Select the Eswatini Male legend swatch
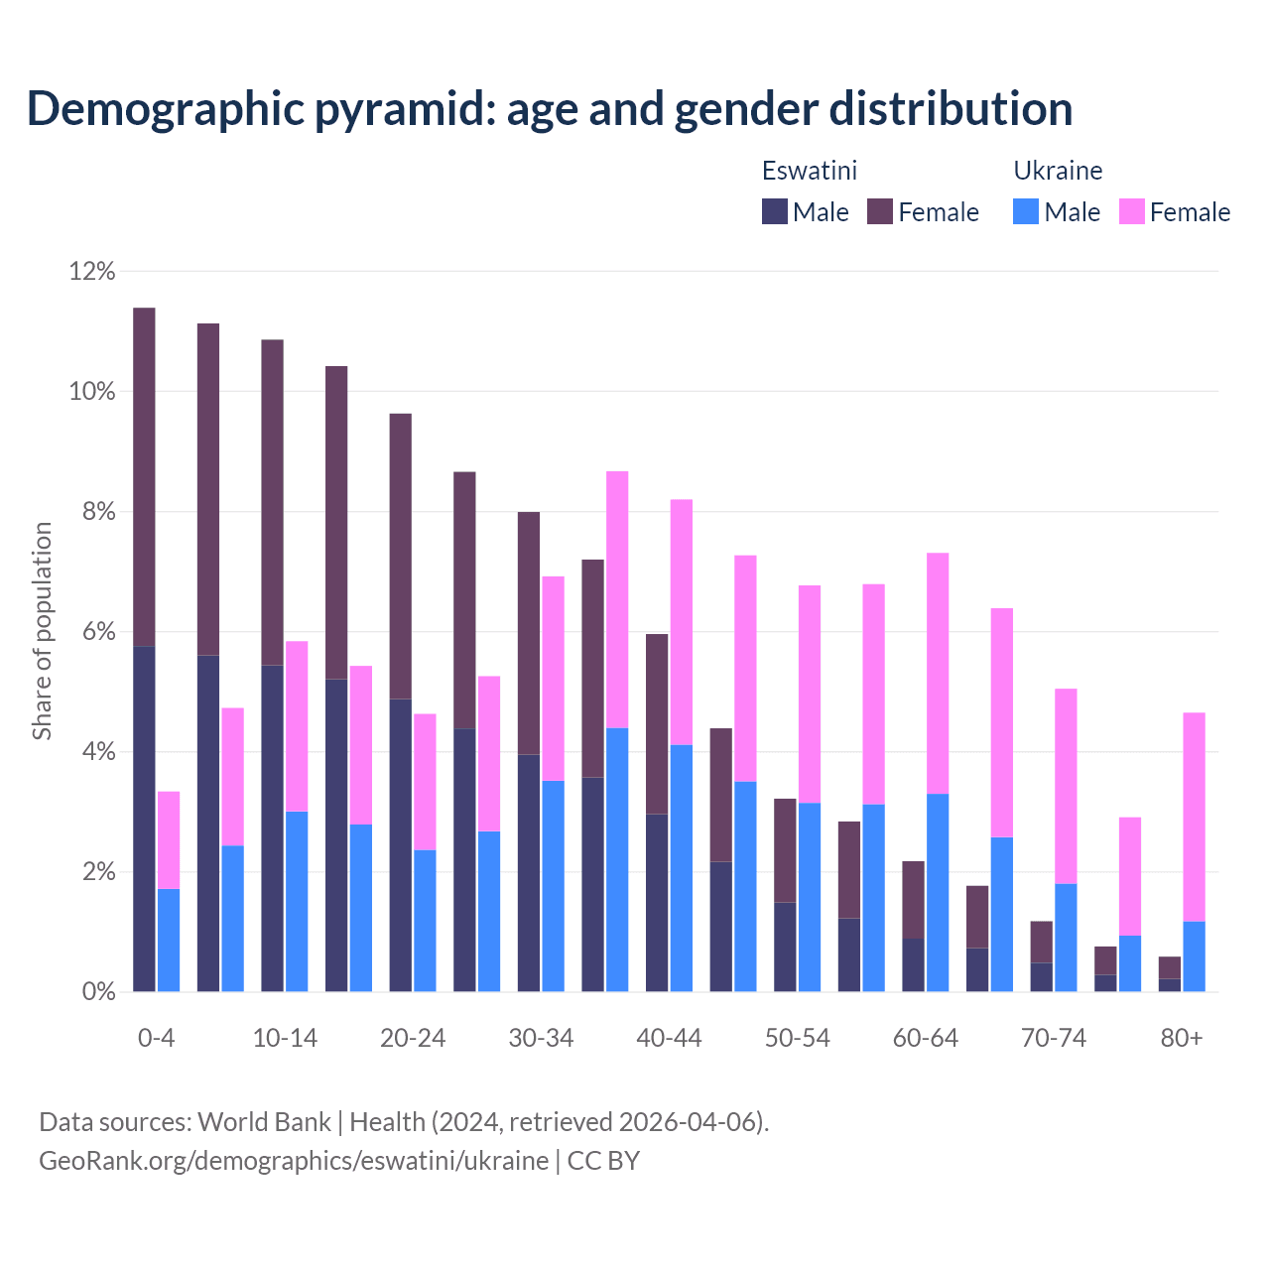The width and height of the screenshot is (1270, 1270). pos(775,211)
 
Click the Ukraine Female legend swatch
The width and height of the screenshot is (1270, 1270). pos(1132,211)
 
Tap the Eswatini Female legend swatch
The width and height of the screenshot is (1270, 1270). pos(880,211)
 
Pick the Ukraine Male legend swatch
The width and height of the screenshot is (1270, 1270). pos(1026,211)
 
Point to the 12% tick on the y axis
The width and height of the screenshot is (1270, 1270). pos(92,271)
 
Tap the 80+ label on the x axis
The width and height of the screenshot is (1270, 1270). pos(1182,1038)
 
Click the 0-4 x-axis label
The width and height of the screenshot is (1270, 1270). pos(157,1038)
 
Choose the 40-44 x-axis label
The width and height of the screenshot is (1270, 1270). pos(669,1038)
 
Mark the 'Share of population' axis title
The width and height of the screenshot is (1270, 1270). pos(42,631)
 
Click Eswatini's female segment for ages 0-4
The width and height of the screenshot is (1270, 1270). pos(144,476)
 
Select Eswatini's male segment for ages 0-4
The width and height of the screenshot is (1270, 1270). pos(144,819)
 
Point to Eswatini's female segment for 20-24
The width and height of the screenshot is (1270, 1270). pos(400,556)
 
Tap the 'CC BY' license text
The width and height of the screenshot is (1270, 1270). pos(603,1160)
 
